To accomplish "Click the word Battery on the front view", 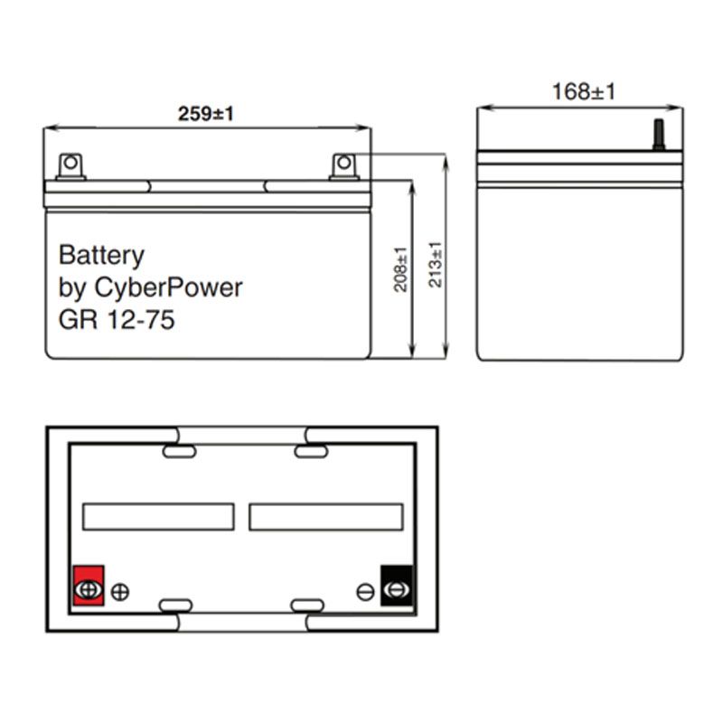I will pyautogui.click(x=101, y=255).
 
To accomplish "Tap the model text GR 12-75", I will pyautogui.click(x=117, y=320).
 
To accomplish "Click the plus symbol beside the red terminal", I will pyautogui.click(x=120, y=593).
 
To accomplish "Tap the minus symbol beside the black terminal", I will pyautogui.click(x=365, y=592).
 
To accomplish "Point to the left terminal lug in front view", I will pyautogui.click(x=70, y=165).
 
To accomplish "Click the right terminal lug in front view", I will pyautogui.click(x=343, y=165).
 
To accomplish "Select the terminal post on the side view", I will pyautogui.click(x=658, y=136).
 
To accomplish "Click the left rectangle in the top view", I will pyautogui.click(x=158, y=516).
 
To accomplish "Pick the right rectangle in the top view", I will pyautogui.click(x=325, y=516).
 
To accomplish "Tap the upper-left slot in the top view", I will pyautogui.click(x=177, y=448).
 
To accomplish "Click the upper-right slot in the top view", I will pyautogui.click(x=307, y=448).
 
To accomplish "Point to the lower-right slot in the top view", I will pyautogui.click(x=307, y=604).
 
